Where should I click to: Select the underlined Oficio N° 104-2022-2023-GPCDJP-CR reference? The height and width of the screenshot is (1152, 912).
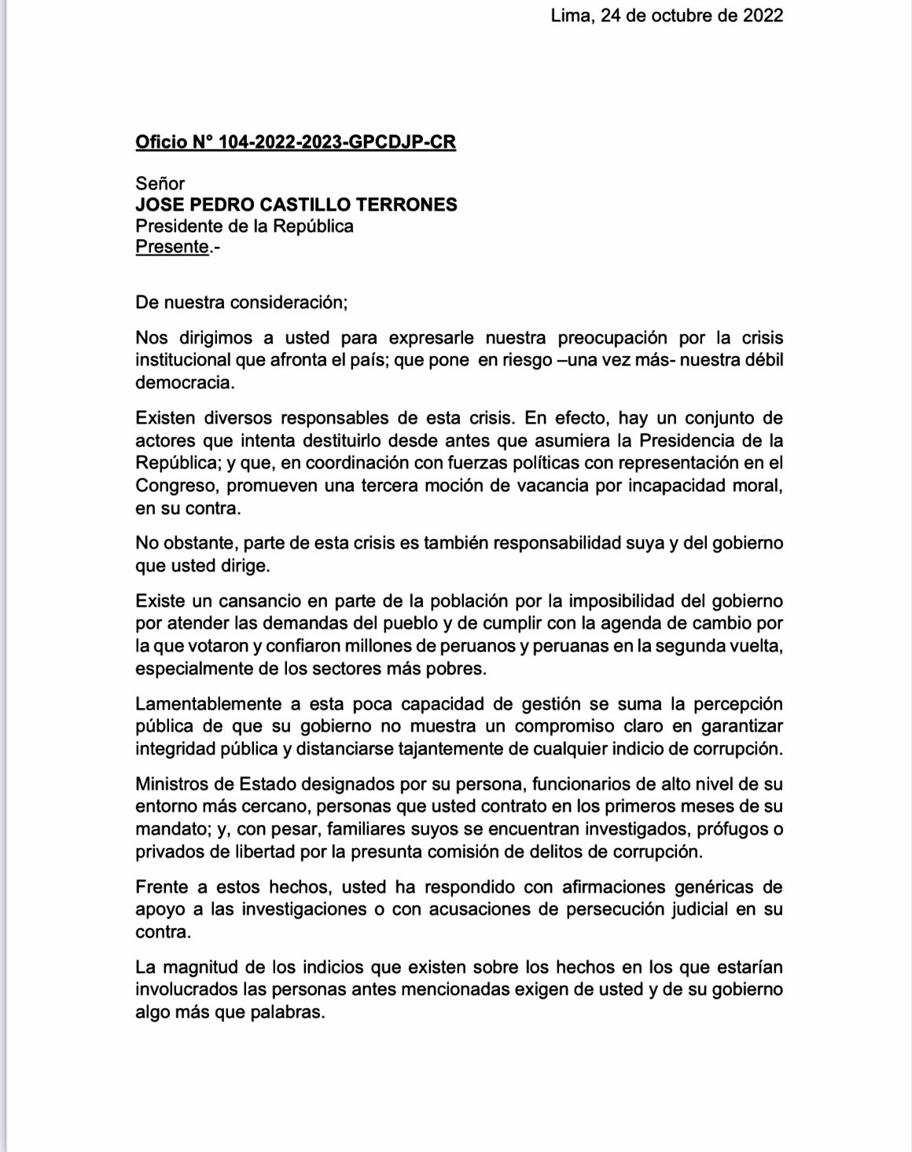[x=296, y=142]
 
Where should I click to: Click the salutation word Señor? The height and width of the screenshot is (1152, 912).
[x=160, y=184]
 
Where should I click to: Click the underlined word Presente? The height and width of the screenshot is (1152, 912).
[x=172, y=247]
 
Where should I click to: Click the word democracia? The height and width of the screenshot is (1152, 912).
[x=185, y=383]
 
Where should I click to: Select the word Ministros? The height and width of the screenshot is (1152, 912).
[x=173, y=784]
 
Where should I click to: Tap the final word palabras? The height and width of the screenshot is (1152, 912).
[x=284, y=1012]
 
